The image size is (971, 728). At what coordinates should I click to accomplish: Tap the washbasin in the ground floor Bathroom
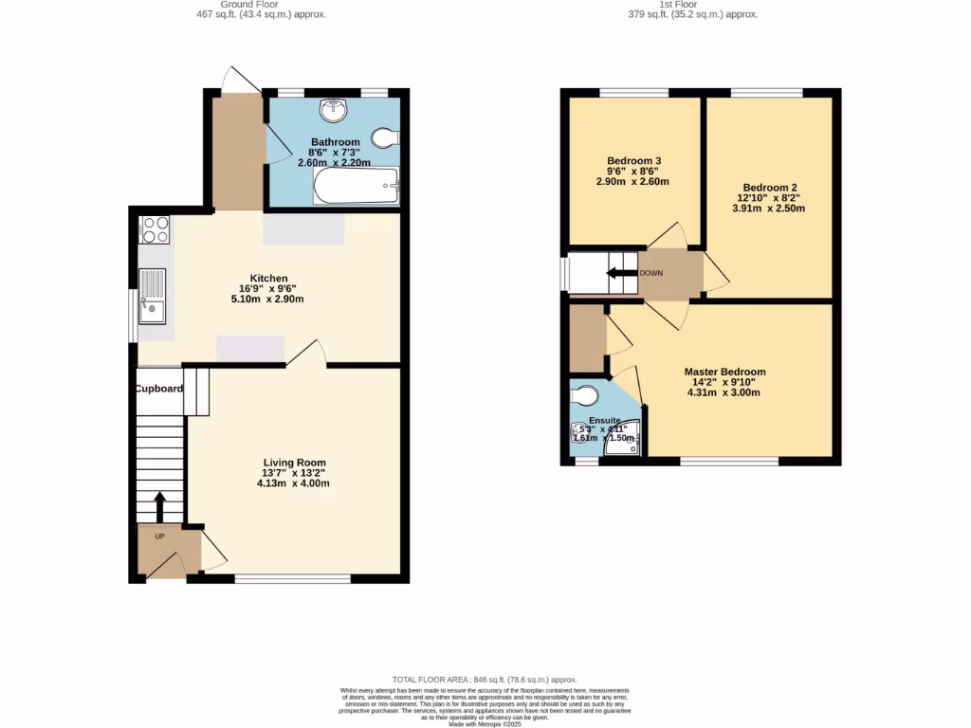point(333,111)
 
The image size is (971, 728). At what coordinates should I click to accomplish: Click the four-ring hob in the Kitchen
point(155,230)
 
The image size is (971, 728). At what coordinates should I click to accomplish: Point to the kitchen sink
point(152,295)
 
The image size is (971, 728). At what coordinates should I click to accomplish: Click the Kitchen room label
point(268,278)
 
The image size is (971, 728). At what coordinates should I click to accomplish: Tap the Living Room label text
point(294,463)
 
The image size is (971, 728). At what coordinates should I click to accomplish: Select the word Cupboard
point(158,389)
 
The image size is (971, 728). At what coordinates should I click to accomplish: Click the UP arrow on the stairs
point(159,505)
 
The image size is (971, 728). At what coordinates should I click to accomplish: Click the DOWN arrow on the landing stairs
point(621,274)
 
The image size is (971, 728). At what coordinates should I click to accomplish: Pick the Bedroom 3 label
point(632,160)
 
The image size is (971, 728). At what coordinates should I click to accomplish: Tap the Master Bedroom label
point(724,372)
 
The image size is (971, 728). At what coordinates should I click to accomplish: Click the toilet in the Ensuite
point(585,394)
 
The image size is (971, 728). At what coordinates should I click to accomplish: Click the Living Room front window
point(292,578)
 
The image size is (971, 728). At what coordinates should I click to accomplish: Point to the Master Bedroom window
point(729,462)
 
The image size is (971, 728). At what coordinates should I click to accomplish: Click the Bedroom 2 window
point(766,92)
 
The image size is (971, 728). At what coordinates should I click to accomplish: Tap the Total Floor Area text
point(485,680)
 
